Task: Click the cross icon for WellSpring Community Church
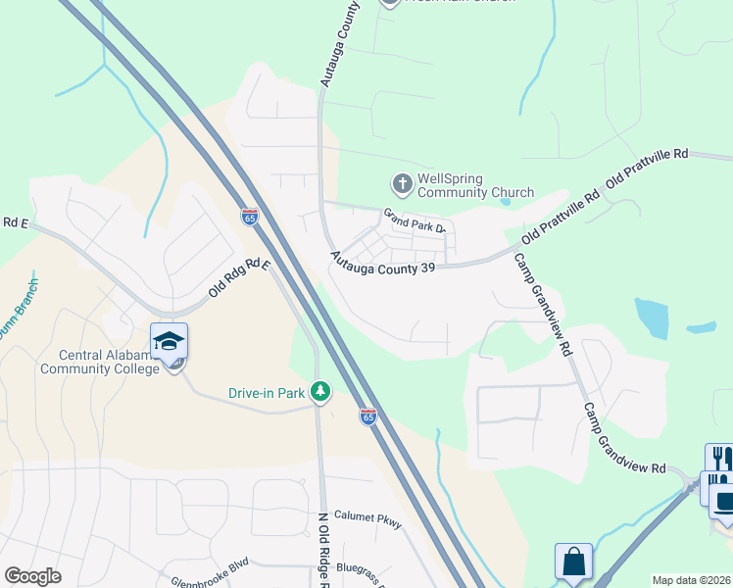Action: coord(402,183)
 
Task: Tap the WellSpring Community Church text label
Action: coord(475,185)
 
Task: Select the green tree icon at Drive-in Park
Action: coord(319,392)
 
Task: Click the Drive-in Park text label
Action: coord(268,393)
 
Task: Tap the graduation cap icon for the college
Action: coord(169,341)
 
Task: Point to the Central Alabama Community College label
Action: coord(99,362)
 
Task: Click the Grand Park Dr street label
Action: coord(415,220)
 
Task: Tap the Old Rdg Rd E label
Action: coord(238,279)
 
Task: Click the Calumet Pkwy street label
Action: coord(367,519)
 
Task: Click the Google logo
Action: coord(32,576)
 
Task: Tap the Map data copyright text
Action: coord(692,580)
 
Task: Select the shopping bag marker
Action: coord(573,562)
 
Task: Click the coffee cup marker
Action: coord(725,502)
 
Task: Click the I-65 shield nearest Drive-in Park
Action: coord(367,416)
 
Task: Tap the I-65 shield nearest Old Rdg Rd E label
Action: coord(250,217)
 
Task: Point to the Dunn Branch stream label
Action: coord(14,332)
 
